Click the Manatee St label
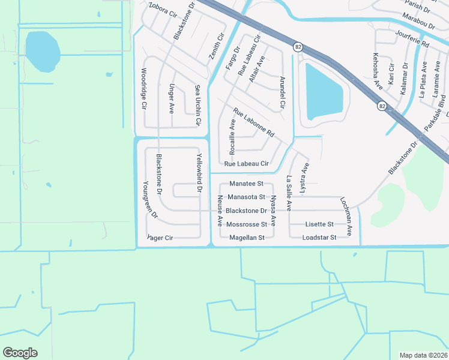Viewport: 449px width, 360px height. (247, 183)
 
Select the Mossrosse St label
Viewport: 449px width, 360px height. (247, 224)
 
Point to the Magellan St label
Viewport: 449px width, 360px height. (247, 238)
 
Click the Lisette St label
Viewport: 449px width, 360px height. (319, 224)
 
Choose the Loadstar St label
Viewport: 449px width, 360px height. (319, 238)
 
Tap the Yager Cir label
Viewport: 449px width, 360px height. (160, 238)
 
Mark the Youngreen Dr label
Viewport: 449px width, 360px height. (149, 199)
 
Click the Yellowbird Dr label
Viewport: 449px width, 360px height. (199, 173)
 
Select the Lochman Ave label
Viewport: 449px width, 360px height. (346, 216)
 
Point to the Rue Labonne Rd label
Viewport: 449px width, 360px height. (253, 122)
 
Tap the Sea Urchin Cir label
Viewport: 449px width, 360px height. (197, 105)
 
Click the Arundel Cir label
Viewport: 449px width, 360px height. (282, 94)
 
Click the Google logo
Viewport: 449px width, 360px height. (20, 353)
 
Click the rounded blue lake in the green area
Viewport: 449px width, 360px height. (43, 50)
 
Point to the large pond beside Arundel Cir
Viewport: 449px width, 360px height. (324, 92)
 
